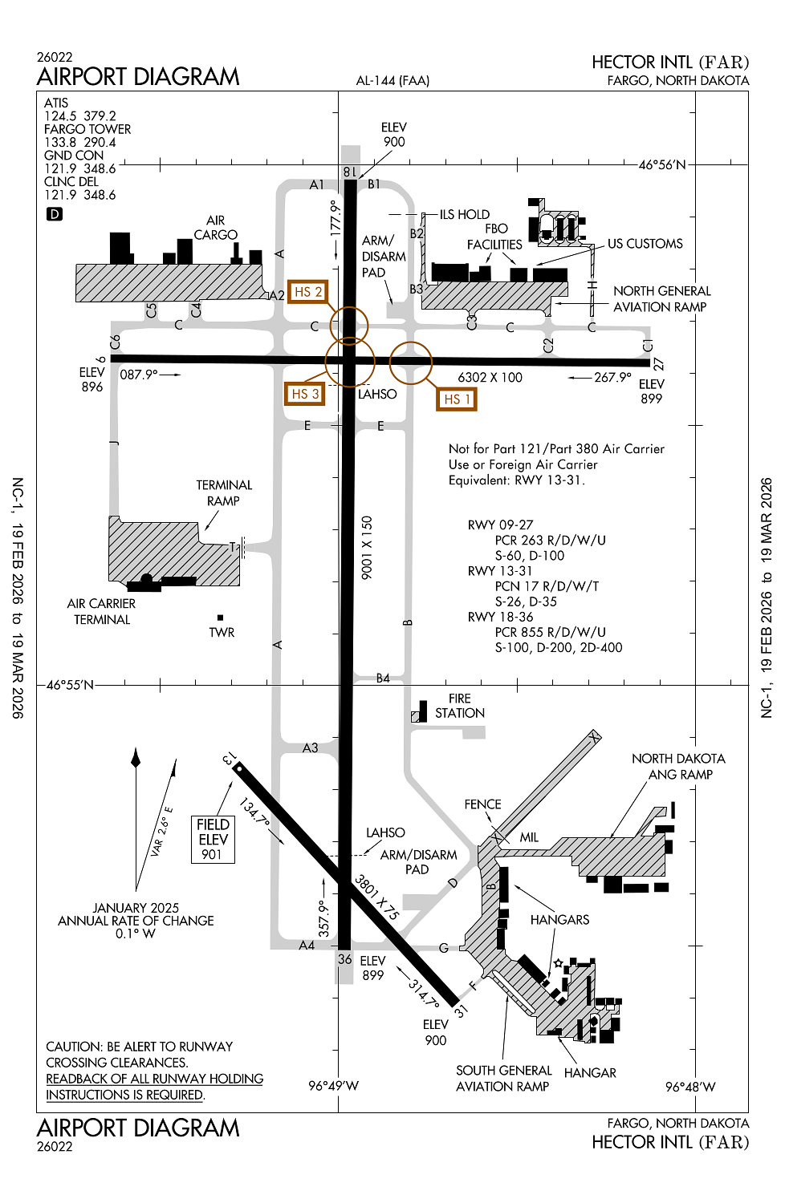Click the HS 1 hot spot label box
click(x=456, y=399)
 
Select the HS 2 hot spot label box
click(x=307, y=292)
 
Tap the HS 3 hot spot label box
click(x=305, y=394)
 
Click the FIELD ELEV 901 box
click(x=213, y=839)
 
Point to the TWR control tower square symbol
click(x=220, y=618)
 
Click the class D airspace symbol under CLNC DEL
click(x=54, y=214)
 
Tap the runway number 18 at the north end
click(x=349, y=172)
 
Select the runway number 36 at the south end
click(x=345, y=958)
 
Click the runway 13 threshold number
click(x=229, y=759)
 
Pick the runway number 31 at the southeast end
click(x=461, y=1011)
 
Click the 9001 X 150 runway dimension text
click(x=367, y=548)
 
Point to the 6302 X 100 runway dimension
click(x=490, y=378)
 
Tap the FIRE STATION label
click(x=460, y=706)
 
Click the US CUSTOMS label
click(x=645, y=244)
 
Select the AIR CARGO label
click(x=216, y=228)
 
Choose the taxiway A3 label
click(x=310, y=747)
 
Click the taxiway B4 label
click(x=383, y=678)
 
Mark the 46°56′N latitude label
click(x=662, y=165)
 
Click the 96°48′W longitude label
click(x=689, y=1087)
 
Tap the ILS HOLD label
click(x=464, y=214)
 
